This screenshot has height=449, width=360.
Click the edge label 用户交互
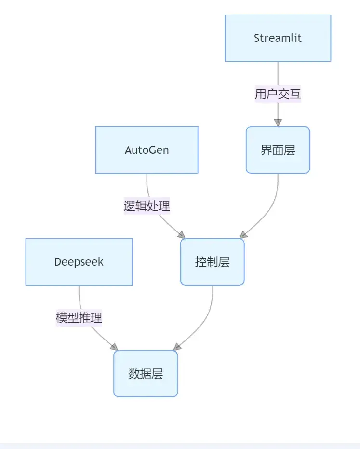(x=278, y=94)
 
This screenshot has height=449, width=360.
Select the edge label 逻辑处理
(x=147, y=206)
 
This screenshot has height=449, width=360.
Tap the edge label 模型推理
(x=79, y=318)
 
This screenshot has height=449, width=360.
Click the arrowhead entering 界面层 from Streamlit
(x=278, y=122)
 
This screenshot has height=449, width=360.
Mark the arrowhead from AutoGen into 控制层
(x=181, y=235)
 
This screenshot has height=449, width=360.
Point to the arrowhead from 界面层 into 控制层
(x=243, y=234)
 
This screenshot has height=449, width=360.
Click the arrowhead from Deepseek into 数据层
(x=114, y=347)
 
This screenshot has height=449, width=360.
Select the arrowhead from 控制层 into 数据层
(x=177, y=346)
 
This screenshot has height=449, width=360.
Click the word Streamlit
(x=278, y=38)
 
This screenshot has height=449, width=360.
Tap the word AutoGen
(x=147, y=150)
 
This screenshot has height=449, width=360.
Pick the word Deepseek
(x=79, y=262)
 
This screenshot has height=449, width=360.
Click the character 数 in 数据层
(x=134, y=374)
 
